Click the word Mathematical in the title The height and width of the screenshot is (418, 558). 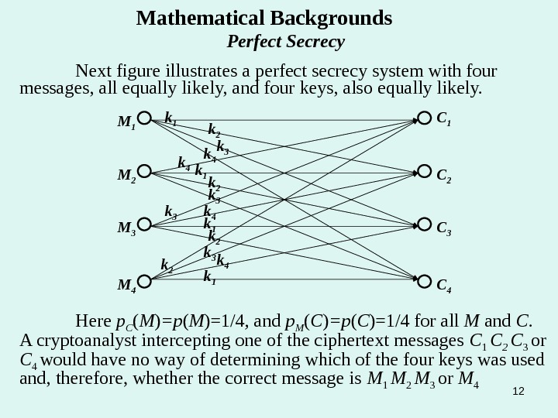[x=196, y=17]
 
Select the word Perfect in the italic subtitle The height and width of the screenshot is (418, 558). [x=256, y=40]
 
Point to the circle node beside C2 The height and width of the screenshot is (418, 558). [x=424, y=173]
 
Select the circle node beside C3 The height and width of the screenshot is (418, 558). [x=424, y=226]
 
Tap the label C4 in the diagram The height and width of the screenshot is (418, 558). [x=444, y=288]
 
